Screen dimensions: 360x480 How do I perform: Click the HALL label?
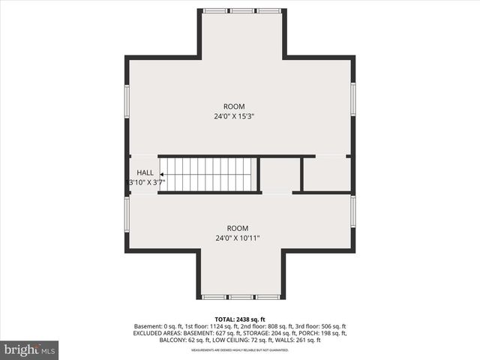(x=145, y=172)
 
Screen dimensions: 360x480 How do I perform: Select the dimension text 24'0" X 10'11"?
(x=238, y=238)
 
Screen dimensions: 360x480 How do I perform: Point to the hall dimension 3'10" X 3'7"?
(x=147, y=182)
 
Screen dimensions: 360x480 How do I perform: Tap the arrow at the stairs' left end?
(x=163, y=174)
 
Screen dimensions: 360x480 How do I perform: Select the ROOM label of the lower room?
(x=238, y=228)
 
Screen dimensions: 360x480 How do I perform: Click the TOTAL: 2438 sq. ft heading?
(x=240, y=319)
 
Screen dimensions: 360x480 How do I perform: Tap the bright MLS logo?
(x=30, y=349)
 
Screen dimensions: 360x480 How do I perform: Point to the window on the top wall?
(x=241, y=10)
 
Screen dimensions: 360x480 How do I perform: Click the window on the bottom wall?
(x=241, y=297)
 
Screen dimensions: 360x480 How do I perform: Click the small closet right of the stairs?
(x=280, y=174)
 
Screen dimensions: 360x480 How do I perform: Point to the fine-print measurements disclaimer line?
(x=240, y=349)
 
